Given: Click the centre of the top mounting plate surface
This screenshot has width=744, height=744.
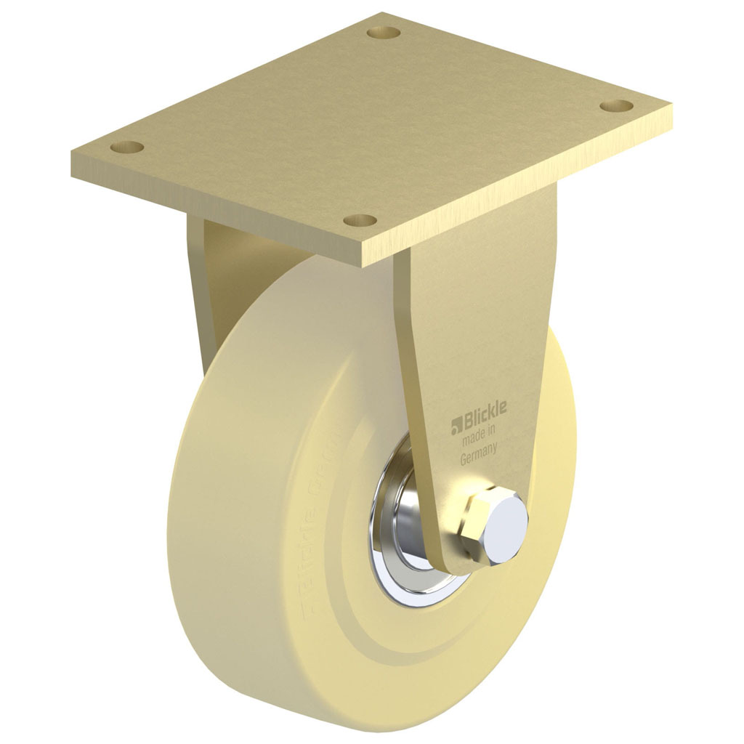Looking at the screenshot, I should pyautogui.click(x=371, y=124).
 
